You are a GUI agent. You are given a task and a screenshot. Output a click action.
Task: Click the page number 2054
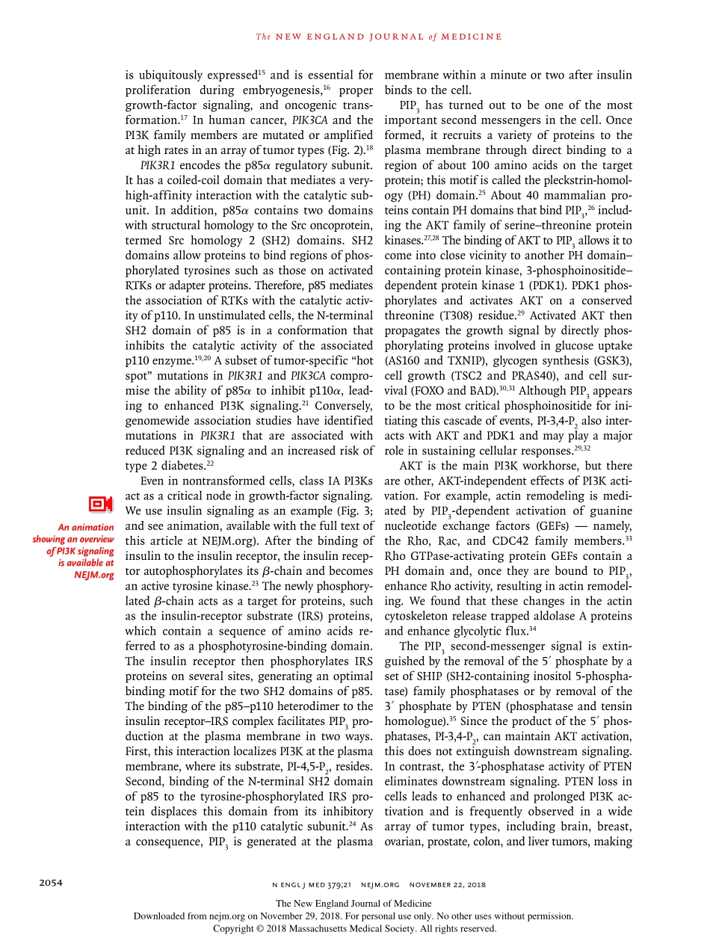pos(51,883)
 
